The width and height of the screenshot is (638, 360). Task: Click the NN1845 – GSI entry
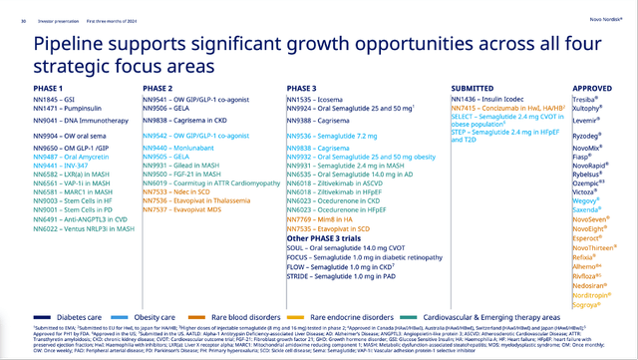click(56, 102)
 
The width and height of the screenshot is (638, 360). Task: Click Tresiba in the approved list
click(585, 102)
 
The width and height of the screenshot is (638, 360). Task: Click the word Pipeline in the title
click(79, 43)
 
